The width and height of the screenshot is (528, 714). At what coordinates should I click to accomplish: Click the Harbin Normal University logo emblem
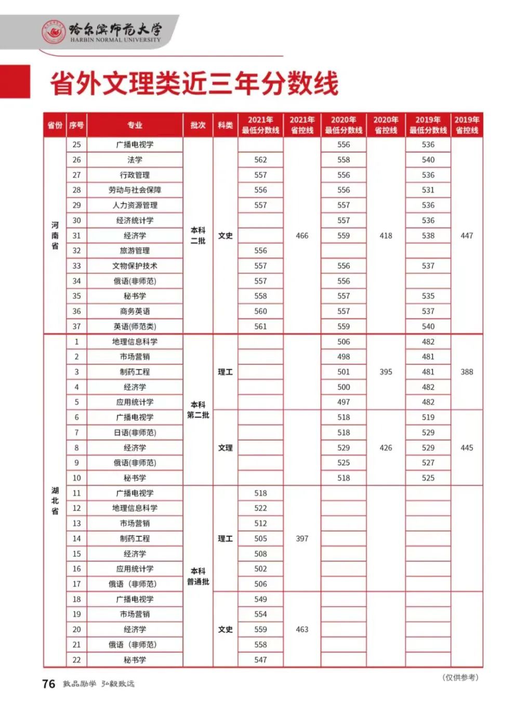click(54, 32)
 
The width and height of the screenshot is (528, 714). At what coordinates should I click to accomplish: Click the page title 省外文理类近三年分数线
click(194, 83)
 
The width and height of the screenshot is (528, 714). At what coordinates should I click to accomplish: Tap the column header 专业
click(135, 125)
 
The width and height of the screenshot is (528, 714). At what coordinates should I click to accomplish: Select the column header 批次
click(198, 125)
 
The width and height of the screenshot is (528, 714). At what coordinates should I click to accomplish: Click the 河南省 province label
click(55, 235)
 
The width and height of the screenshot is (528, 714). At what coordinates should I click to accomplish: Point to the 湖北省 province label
click(55, 501)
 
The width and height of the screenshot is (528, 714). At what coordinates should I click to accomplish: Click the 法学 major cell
click(135, 160)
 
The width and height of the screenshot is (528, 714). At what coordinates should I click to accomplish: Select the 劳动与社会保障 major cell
click(135, 190)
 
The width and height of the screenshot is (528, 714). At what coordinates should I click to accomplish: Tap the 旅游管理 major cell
click(135, 251)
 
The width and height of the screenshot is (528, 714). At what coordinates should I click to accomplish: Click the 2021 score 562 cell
click(260, 160)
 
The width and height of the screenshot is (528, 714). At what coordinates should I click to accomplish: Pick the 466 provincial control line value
click(302, 236)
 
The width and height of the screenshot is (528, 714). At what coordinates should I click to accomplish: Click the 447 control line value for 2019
click(467, 236)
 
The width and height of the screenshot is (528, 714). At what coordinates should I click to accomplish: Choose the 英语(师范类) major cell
click(135, 327)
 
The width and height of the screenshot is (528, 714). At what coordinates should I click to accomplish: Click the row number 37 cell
click(76, 327)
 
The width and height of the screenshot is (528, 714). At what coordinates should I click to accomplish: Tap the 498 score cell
click(344, 357)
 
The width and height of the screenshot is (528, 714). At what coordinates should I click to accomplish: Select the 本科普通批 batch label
click(198, 576)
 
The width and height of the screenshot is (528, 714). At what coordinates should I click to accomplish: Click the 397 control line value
click(302, 538)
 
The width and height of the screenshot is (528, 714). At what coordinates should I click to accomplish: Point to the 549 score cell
click(260, 599)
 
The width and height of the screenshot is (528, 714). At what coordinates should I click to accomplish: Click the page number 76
click(48, 684)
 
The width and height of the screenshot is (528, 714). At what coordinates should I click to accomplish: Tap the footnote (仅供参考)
click(460, 677)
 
